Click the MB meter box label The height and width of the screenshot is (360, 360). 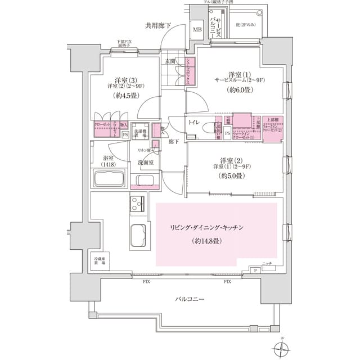(197, 29)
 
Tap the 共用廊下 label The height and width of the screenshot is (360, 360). (158, 25)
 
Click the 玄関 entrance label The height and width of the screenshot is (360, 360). (170, 61)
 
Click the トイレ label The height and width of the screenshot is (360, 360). (195, 122)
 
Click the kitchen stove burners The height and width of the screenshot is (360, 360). (138, 202)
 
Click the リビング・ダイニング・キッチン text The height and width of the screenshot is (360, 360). (206, 227)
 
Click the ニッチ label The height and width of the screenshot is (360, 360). (267, 263)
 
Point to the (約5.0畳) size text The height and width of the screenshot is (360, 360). (231, 176)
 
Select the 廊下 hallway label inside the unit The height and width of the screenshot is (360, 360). (173, 142)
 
